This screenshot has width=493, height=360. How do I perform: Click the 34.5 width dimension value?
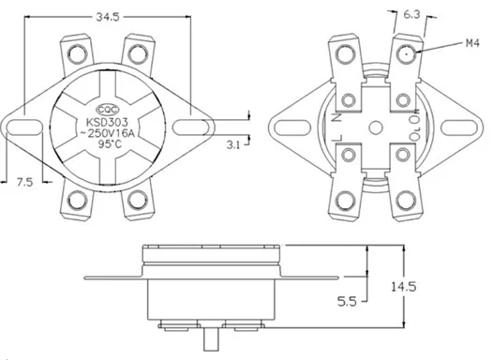[x=108, y=17]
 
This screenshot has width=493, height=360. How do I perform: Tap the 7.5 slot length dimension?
[x=25, y=182]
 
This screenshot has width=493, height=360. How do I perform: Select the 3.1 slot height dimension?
[x=233, y=145]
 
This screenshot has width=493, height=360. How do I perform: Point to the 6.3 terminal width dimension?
[x=411, y=14]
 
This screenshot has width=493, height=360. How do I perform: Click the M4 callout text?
[x=472, y=43]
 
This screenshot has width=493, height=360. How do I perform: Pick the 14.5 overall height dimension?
[x=404, y=287]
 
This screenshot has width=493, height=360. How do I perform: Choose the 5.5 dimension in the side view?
[x=347, y=302]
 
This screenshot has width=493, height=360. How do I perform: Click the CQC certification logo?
[x=108, y=110]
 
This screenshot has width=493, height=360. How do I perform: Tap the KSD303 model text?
[x=107, y=122]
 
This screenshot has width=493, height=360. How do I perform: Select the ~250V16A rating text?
[x=108, y=133]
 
